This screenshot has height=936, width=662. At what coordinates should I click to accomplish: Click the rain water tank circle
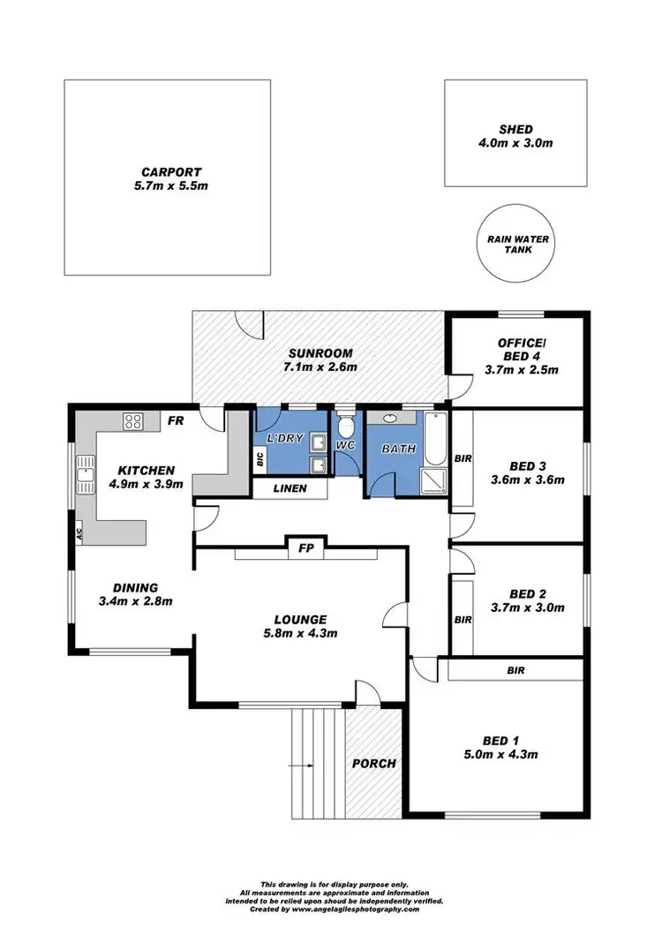point(516,245)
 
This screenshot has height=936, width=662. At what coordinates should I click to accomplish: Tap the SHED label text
point(515,129)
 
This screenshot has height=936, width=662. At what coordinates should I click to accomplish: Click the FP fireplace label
point(305,547)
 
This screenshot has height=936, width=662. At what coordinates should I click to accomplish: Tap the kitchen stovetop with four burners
point(133,421)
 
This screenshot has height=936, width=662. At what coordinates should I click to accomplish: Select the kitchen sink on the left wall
point(86,473)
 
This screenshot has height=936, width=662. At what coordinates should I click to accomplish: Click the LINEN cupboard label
point(290,487)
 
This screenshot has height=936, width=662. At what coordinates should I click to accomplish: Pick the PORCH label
point(373,763)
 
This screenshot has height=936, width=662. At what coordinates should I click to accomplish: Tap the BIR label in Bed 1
point(515,670)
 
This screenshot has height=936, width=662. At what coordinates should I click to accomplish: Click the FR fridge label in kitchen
point(176,421)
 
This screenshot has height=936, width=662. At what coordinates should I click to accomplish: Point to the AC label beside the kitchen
point(79,533)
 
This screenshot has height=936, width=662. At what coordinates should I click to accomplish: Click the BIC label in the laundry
point(260,459)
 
